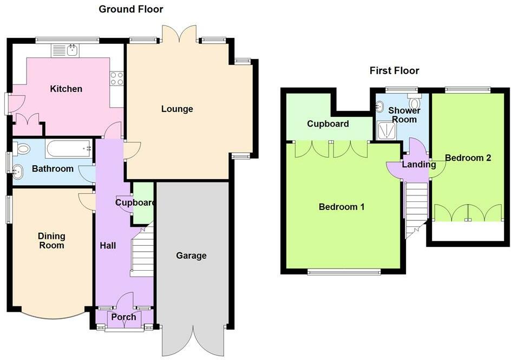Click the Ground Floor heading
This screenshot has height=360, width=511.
pos(130,9)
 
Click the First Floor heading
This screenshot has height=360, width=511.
pos(394,70)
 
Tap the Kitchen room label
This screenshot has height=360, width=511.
pos(66,89)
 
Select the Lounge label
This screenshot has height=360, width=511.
pos(177,109)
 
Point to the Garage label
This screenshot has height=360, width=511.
pos(191,256)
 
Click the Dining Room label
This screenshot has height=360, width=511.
pos(51,241)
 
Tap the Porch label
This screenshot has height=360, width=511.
pos(123,317)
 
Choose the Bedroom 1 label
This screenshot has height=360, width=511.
pos(342,207)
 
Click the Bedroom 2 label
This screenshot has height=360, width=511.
pos(468,158)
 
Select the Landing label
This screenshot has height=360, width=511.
pos(419,165)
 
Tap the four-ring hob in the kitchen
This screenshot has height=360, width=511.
pos(117,78)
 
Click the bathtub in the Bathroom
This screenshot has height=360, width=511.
pos(69,149)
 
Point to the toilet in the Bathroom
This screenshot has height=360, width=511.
pos(22,149)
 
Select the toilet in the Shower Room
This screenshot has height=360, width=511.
pos(415,102)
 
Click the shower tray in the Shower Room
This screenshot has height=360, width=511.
pos(386,130)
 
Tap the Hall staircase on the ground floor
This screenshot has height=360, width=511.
pos(142,252)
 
